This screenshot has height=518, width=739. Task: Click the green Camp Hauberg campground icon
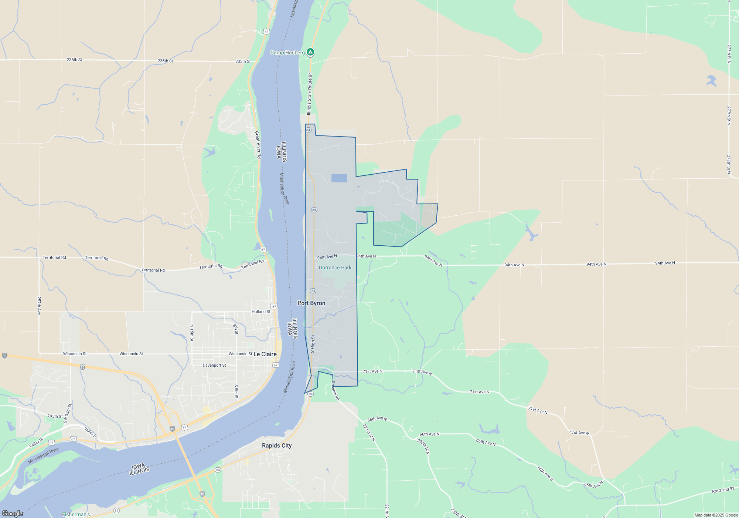pos(311,52)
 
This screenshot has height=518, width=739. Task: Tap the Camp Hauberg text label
pos(287,53)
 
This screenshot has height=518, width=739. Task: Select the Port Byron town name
pos(311,303)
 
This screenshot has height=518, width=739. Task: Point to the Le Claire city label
pos(265,354)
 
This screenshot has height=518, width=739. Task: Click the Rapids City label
pos(277,445)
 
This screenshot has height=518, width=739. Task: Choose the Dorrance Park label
pos(335,268)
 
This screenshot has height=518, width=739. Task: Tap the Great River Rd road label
pos(258,145)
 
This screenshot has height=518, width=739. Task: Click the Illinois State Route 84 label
pos(310,93)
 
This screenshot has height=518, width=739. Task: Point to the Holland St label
pos(261,312)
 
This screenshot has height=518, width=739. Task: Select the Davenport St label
pos(214,365)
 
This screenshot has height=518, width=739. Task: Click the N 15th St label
pos(192,333)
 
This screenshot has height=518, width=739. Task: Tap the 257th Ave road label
pos(39,306)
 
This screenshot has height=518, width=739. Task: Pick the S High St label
pos(313,344)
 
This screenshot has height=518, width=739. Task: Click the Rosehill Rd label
pos(335,391)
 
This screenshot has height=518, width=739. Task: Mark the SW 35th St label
pos(67,414)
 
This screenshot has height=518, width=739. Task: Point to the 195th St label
pos(55,416)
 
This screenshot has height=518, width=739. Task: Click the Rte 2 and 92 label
pos(723,490)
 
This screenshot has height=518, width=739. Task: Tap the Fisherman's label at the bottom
pos(76,514)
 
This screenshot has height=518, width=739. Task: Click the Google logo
pos(13,514)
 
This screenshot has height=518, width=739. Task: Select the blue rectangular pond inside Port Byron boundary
pos(339,178)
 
